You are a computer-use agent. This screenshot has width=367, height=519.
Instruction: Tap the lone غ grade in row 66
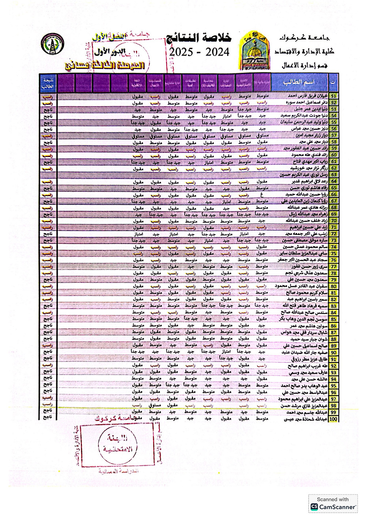pos(262,194)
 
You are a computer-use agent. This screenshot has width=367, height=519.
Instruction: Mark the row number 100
pos(334,419)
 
